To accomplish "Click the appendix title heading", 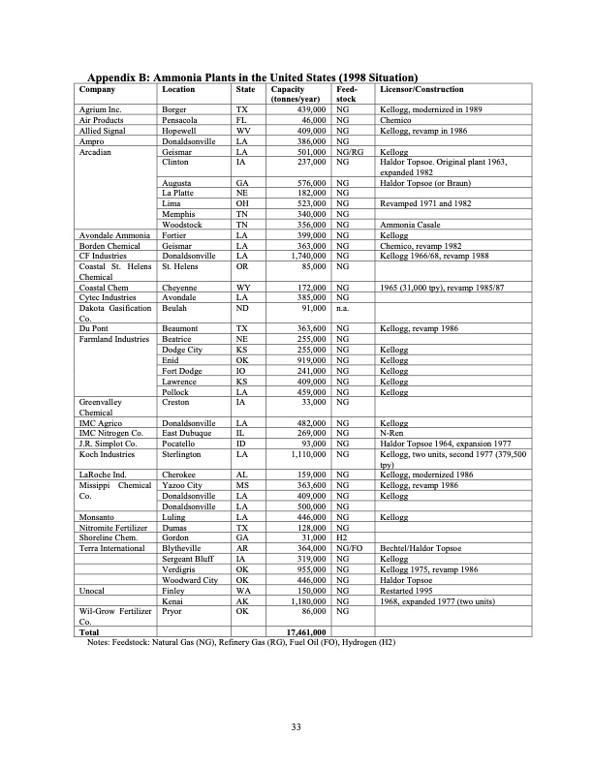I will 252,77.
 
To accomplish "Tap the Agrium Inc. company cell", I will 99,110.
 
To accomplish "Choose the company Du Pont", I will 94,329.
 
